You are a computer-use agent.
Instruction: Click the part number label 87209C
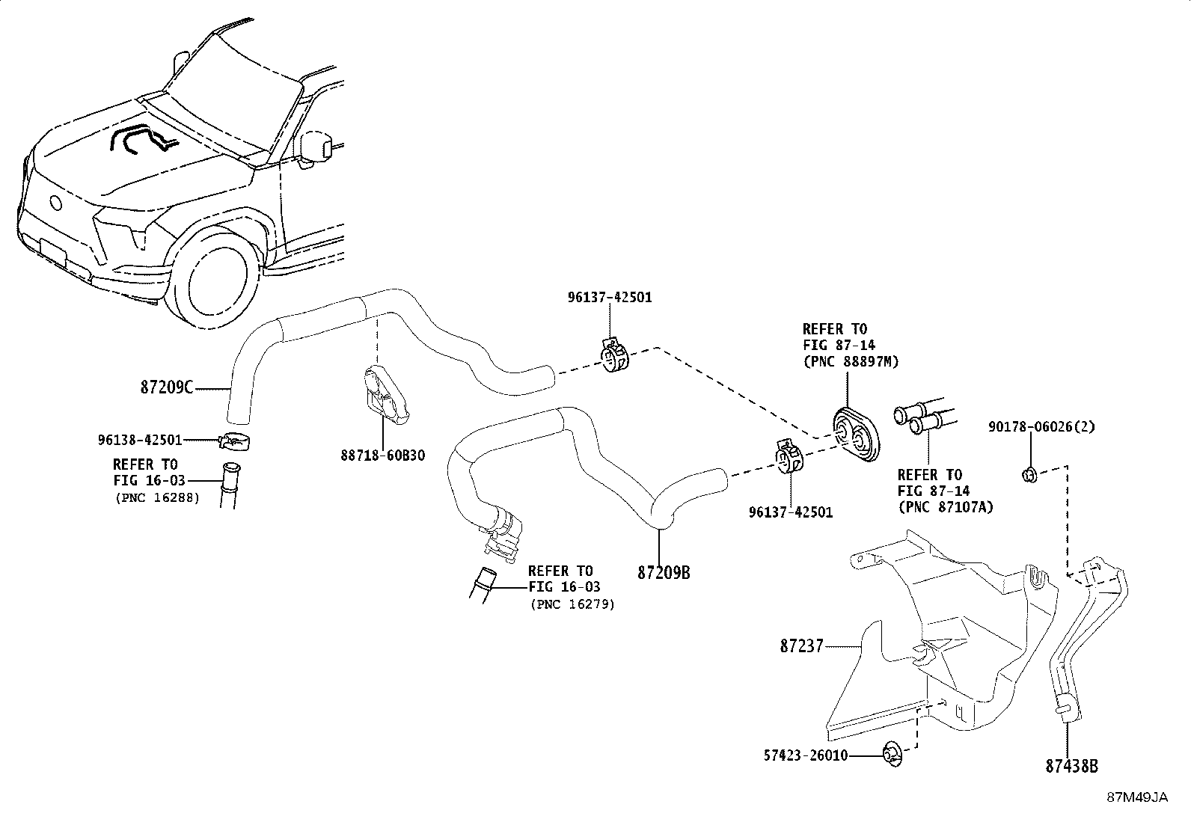[166, 387]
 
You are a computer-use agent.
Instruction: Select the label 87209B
[664, 573]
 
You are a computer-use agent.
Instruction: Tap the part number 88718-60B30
[383, 455]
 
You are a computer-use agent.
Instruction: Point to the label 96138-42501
[139, 440]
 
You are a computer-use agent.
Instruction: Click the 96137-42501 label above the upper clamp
[609, 297]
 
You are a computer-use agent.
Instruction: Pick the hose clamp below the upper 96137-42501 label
[615, 356]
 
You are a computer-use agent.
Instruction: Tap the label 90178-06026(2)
[1041, 427]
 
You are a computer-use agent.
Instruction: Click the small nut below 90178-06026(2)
[1029, 473]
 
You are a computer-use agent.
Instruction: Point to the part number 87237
[801, 645]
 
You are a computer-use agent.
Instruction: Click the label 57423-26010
[806, 755]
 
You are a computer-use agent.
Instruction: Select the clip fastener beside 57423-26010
[892, 755]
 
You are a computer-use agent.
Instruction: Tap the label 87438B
[1071, 766]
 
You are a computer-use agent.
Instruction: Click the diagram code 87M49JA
[1137, 797]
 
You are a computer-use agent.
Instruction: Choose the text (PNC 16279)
[572, 604]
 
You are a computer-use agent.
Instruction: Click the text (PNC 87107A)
[945, 507]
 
